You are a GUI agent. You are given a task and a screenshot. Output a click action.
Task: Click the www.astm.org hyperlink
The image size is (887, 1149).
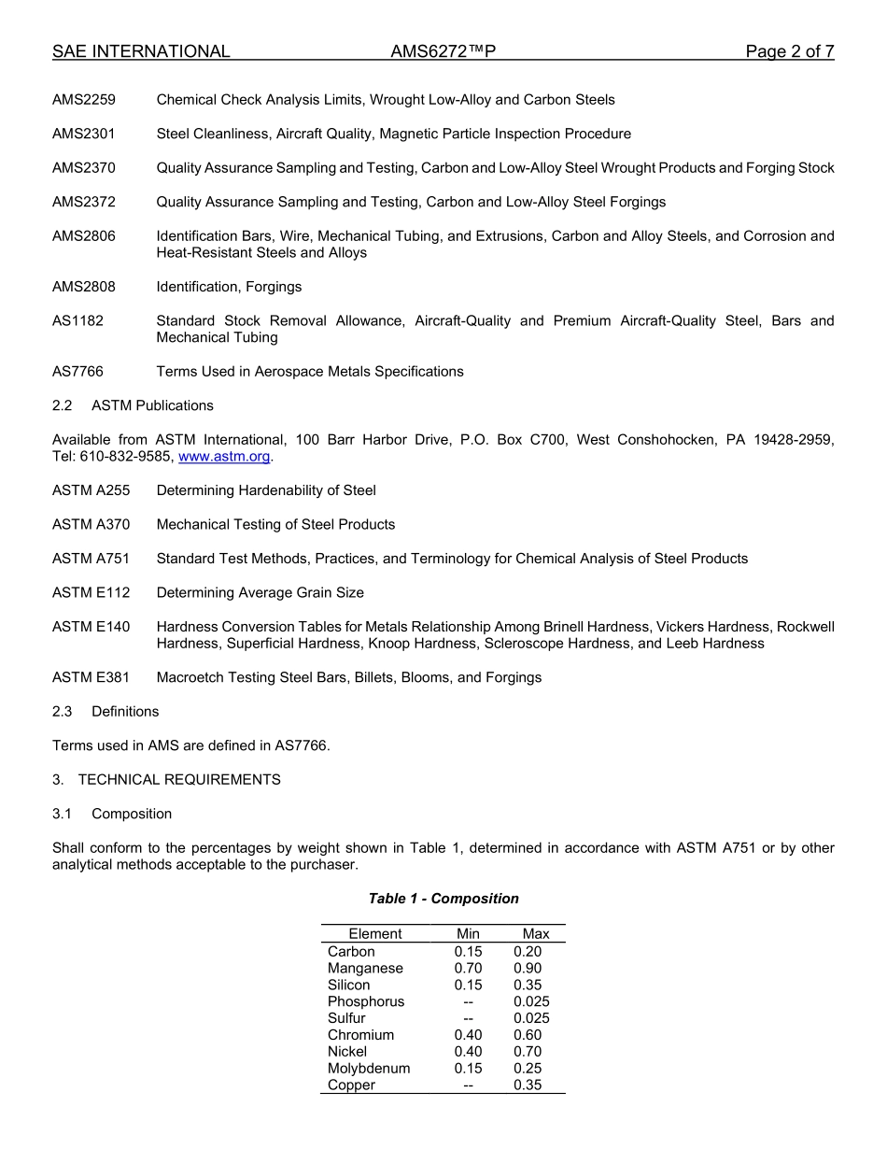224,457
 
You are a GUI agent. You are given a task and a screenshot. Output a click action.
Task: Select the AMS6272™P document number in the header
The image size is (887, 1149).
443,51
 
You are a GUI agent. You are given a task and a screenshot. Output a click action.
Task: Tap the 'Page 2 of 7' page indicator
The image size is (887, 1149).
789,51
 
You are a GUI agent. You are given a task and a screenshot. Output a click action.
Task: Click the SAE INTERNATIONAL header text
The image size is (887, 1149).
141,51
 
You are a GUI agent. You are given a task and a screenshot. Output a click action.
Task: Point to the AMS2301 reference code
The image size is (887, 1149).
84,134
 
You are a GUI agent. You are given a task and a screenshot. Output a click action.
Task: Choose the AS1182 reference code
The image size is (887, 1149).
77,320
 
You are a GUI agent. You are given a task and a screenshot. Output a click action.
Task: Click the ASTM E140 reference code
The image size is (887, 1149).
92,627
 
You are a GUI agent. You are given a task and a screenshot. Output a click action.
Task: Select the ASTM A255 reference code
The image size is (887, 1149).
92,490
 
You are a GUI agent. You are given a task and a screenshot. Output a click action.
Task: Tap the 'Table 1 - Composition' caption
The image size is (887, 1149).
443,899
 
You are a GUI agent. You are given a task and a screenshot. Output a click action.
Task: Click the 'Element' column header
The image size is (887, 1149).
374,934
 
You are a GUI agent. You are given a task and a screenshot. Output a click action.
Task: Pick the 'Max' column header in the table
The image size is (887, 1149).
536,934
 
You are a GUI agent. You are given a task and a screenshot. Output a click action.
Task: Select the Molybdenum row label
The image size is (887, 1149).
369,1068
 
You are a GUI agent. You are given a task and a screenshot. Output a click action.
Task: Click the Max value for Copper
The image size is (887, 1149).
528,1085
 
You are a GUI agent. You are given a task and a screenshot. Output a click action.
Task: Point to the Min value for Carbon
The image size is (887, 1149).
468,951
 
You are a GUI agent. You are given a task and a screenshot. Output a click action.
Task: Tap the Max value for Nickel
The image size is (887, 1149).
528,1051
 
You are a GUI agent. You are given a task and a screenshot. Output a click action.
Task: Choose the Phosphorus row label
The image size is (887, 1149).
366,1001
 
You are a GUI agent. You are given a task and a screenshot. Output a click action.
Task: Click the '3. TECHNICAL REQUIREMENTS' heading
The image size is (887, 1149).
166,779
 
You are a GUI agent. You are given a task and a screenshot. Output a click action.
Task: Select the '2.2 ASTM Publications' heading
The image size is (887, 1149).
133,405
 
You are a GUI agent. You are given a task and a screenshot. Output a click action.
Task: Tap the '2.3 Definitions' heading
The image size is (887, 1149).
106,711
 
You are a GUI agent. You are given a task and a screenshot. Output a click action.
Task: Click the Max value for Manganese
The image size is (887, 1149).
528,968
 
